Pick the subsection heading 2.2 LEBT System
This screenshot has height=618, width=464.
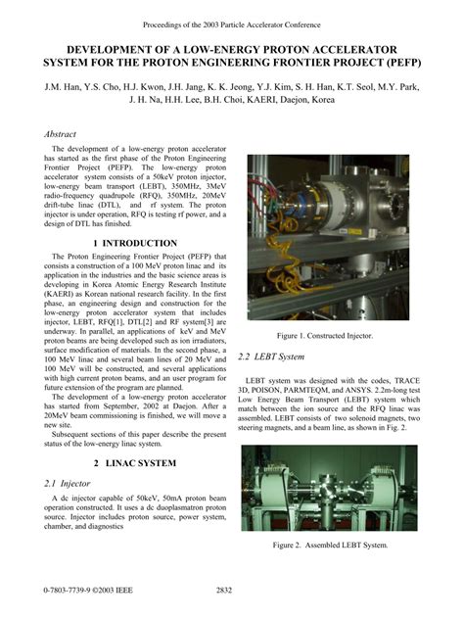tap(271, 357)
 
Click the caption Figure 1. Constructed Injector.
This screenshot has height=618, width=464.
tap(331, 336)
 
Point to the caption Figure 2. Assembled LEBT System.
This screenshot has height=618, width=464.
tap(331, 545)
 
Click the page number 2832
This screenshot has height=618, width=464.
tap(223, 592)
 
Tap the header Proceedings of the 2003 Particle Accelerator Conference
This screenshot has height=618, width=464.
tap(231, 22)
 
